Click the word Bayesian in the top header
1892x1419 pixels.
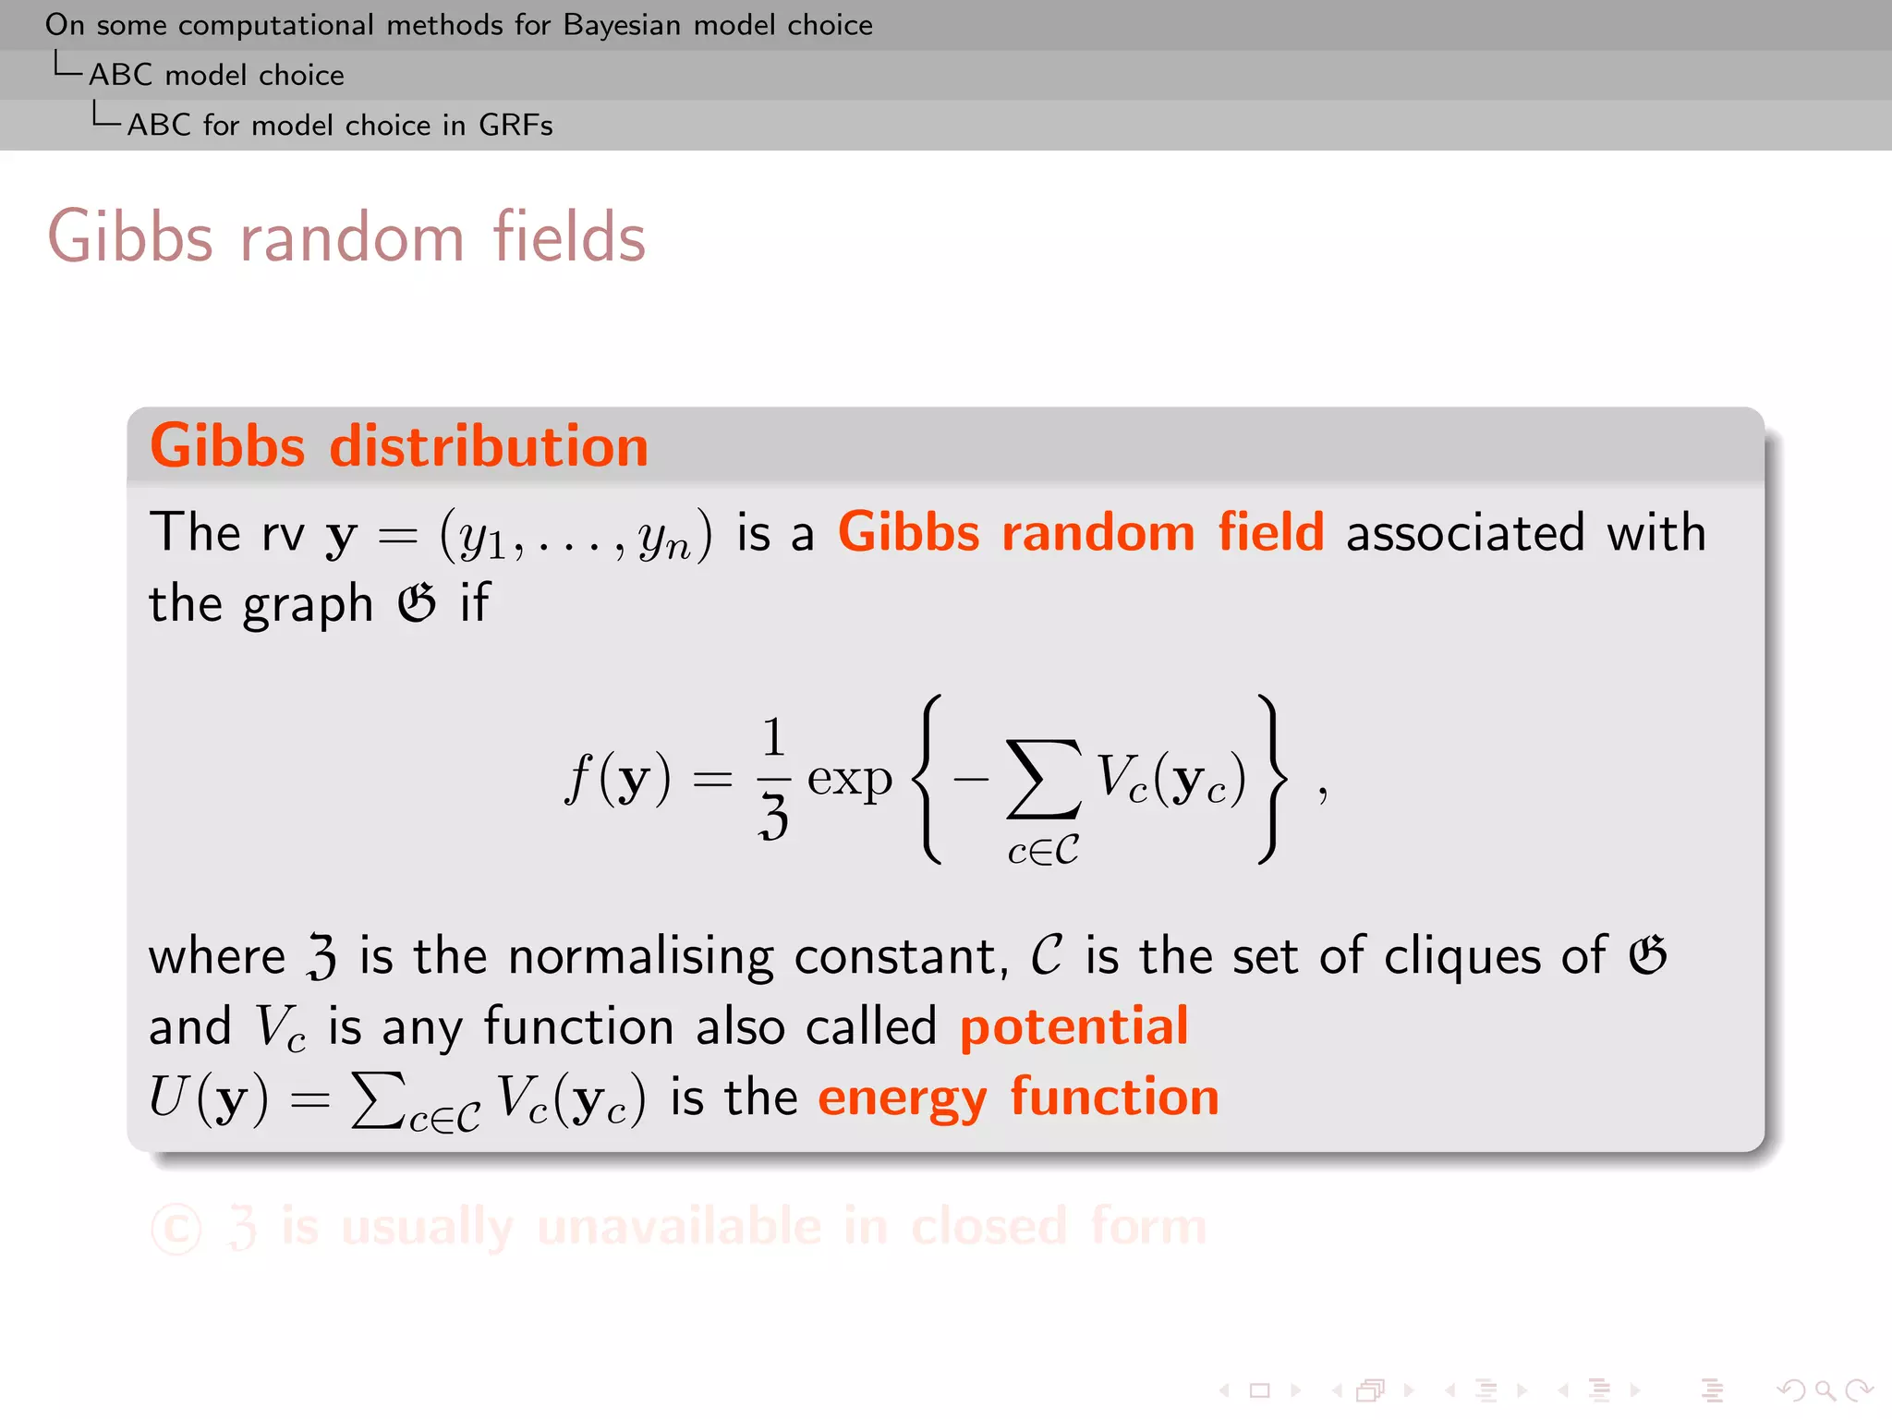(623, 25)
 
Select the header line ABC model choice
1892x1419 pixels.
(216, 75)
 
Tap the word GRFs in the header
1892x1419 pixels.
(515, 125)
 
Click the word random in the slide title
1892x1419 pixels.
(352, 237)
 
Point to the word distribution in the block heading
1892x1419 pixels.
(489, 446)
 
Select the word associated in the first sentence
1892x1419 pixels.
(1465, 533)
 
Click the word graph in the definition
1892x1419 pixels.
(308, 605)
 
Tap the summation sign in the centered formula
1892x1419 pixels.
(1043, 778)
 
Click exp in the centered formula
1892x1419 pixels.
(849, 779)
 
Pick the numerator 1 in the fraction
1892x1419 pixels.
(773, 737)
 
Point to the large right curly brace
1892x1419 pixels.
(1272, 779)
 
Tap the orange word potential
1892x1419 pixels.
(1073, 1026)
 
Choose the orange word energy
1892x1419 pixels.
(903, 1098)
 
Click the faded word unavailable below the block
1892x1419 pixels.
(679, 1227)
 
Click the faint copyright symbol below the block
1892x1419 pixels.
(176, 1229)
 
